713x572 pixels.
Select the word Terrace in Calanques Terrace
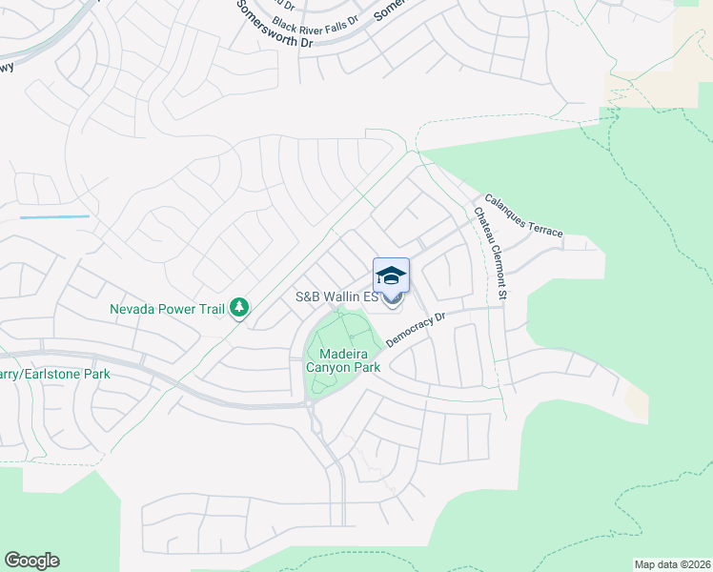pyautogui.click(x=546, y=230)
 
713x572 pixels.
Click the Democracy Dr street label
pyautogui.click(x=417, y=329)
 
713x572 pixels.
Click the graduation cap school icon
pyautogui.click(x=391, y=276)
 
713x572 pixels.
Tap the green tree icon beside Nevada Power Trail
pyautogui.click(x=241, y=308)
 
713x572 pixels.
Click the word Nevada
pyautogui.click(x=132, y=309)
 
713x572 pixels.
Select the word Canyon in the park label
pyautogui.click(x=343, y=367)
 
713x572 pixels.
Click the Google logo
pyautogui.click(x=31, y=561)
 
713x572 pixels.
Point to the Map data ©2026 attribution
pyautogui.click(x=672, y=564)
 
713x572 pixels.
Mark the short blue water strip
pyautogui.click(x=54, y=217)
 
